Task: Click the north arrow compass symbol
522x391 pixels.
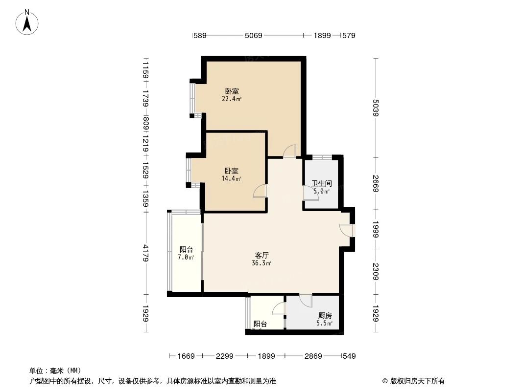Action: point(28,22)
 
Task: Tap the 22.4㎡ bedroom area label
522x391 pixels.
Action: point(232,95)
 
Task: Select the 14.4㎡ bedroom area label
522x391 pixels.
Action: point(232,174)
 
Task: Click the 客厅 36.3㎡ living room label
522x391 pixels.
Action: point(261,259)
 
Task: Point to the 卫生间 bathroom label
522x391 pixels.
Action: point(322,187)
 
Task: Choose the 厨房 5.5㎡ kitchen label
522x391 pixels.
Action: point(325,320)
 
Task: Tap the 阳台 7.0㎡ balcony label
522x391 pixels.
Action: point(186,253)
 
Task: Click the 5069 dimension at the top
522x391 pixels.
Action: point(254,35)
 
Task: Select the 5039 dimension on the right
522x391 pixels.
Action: point(376,108)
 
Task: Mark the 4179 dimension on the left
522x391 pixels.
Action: point(145,253)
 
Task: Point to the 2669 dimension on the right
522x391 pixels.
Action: point(376,183)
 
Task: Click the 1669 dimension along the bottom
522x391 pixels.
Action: point(186,356)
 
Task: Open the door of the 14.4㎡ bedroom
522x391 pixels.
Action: point(261,191)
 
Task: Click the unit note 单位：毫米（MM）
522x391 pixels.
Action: point(55,370)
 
